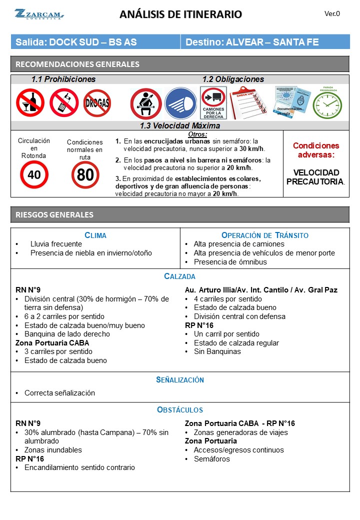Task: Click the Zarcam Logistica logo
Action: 39,14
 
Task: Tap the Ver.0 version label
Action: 332,14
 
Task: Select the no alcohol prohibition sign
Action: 30,102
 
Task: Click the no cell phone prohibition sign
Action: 64,102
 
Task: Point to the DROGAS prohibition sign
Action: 97,102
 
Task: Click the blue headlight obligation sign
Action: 180,103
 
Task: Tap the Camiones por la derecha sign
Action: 213,103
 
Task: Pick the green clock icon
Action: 327,104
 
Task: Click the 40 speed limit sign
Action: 34,174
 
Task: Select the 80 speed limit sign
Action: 85,175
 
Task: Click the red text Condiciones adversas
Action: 315,150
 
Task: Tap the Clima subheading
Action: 95,235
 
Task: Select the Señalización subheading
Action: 180,380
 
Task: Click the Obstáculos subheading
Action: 180,410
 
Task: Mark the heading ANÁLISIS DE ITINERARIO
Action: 180,14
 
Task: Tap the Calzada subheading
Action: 180,276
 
